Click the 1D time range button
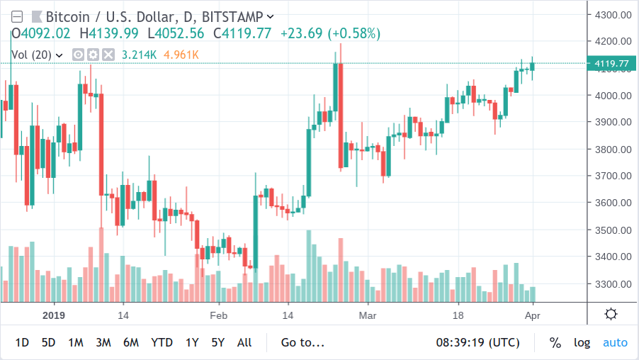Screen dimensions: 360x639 pos(22,343)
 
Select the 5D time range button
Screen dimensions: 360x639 pos(48,343)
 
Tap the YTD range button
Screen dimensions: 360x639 pos(162,343)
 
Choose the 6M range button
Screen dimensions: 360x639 pos(131,343)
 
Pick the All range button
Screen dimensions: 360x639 pos(244,343)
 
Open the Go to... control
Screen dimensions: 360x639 pos(302,343)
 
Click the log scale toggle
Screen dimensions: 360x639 pos(582,343)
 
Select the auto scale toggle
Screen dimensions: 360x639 pos(615,343)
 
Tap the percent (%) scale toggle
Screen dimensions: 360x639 pos(555,343)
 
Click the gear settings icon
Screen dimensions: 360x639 pos(611,314)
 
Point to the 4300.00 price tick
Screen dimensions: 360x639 pos(613,15)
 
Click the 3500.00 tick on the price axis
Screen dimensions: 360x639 pos(613,230)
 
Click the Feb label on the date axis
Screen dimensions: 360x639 pos(218,315)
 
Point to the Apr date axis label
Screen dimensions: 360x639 pos(532,315)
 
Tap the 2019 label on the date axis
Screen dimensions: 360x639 pos(54,315)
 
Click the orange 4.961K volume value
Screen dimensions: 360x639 pos(181,55)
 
